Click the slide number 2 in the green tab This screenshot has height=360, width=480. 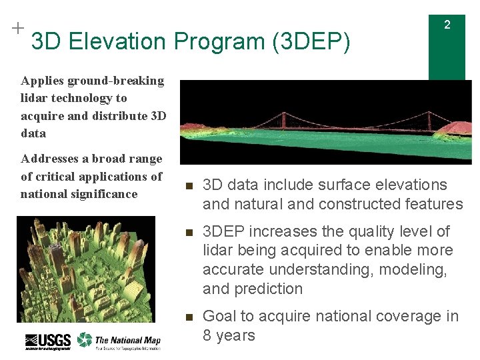447,25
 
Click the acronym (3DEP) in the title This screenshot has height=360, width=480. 311,42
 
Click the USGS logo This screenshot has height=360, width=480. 47,341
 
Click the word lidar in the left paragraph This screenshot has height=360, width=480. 35,98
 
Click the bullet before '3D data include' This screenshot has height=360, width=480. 189,186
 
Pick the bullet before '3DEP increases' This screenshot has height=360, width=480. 189,233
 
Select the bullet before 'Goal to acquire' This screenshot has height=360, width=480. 189,317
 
